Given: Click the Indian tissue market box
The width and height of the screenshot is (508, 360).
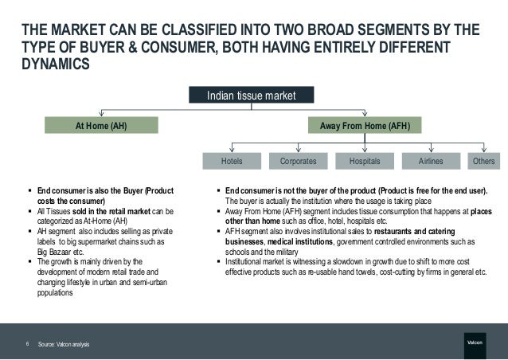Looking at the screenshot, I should (251, 96).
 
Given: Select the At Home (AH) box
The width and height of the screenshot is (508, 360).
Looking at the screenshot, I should (100, 126).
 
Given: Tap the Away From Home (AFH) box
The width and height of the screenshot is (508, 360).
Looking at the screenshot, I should (365, 126).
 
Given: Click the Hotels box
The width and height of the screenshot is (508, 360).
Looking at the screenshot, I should (232, 160).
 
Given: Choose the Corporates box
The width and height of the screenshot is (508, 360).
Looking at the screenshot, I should (299, 160).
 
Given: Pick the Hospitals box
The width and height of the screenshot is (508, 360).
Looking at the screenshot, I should (365, 160).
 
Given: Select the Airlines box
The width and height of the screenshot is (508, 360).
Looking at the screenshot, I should (431, 160).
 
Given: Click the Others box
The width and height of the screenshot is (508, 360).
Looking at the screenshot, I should (483, 160).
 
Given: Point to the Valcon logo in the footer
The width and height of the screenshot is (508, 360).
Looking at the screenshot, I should (475, 343).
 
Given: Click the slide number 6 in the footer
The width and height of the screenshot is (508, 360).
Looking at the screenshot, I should (27, 343).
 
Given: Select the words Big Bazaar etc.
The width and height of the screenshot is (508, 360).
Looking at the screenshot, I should (63, 248).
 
